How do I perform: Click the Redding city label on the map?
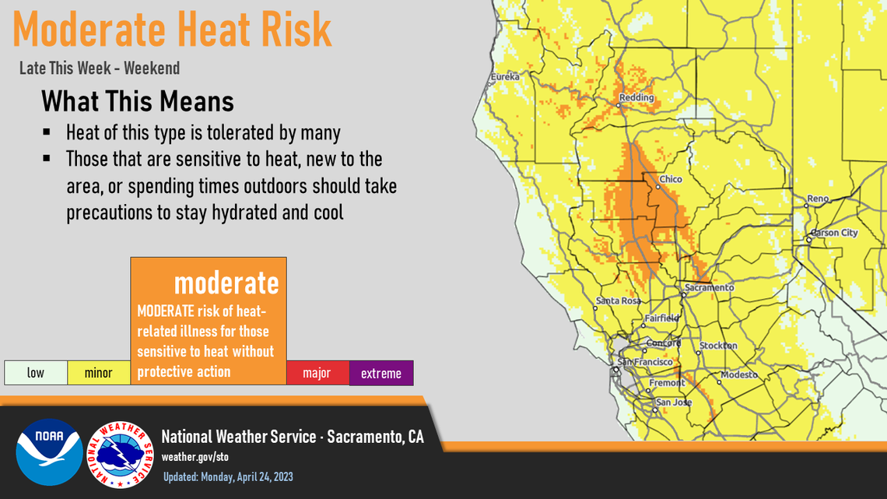(636, 99)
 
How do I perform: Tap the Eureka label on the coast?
(505, 77)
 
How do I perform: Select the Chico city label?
(670, 180)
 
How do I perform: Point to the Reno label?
(818, 199)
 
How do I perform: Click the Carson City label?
(834, 233)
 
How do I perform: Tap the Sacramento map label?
(709, 288)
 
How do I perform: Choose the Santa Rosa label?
(618, 300)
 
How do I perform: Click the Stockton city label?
(718, 346)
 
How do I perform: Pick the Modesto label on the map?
(738, 375)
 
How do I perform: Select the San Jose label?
(672, 402)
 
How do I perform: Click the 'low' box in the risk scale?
(36, 373)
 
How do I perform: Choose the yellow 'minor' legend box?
(99, 373)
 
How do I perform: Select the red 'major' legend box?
(317, 373)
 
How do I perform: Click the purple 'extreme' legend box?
(381, 373)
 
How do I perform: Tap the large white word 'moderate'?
(226, 283)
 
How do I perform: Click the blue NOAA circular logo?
(49, 452)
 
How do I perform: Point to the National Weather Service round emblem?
(120, 455)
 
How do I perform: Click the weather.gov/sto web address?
(195, 457)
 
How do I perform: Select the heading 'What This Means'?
(138, 102)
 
